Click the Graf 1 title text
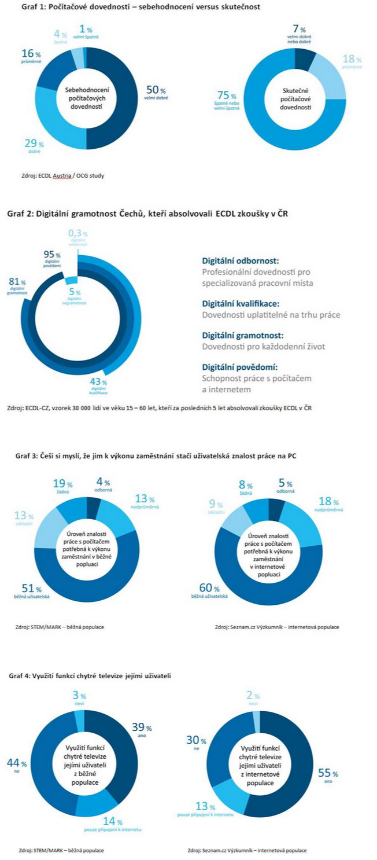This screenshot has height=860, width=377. coord(134,7)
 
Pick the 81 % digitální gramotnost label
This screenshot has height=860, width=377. coord(16,285)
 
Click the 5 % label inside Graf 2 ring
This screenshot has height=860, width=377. coord(75,295)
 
